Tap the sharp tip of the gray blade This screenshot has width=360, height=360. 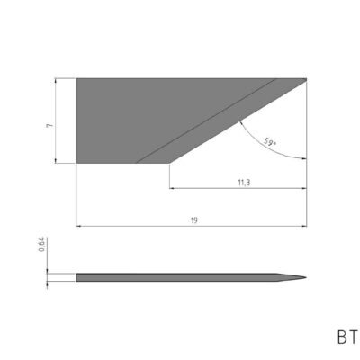tap(306, 78)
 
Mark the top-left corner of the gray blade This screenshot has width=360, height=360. tap(76, 78)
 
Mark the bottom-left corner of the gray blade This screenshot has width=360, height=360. tap(76, 164)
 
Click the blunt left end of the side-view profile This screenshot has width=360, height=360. tap(77, 275)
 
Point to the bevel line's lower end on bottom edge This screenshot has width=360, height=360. tap(136, 164)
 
